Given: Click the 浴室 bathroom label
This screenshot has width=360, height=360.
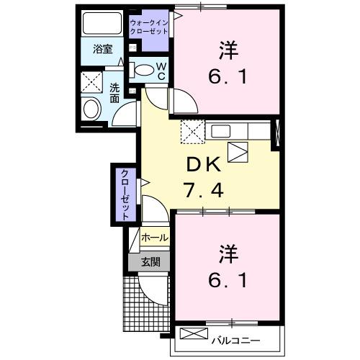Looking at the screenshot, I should [x=103, y=50].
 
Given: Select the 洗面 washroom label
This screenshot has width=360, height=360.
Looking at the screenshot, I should [x=115, y=94].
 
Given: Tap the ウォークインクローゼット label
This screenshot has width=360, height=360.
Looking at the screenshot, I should [x=149, y=27].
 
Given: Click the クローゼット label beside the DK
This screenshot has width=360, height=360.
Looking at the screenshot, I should [x=124, y=194].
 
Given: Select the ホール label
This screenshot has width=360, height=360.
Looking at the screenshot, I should [x=154, y=238].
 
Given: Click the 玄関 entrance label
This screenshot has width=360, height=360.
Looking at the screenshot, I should [x=149, y=261].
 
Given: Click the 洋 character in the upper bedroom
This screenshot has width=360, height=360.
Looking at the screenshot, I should [x=228, y=50].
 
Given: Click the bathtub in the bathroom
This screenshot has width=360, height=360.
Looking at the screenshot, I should [x=102, y=23].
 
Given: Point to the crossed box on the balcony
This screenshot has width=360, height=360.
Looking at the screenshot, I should [x=192, y=336].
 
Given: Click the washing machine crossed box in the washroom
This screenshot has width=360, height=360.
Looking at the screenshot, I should [x=91, y=81].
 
